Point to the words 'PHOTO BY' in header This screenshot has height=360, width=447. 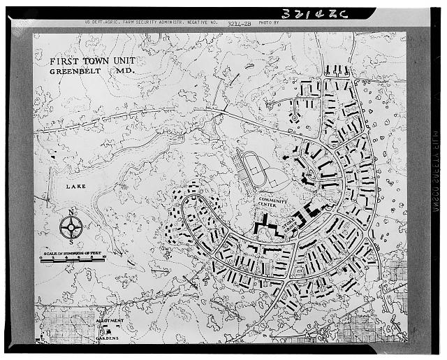tap(268, 23)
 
